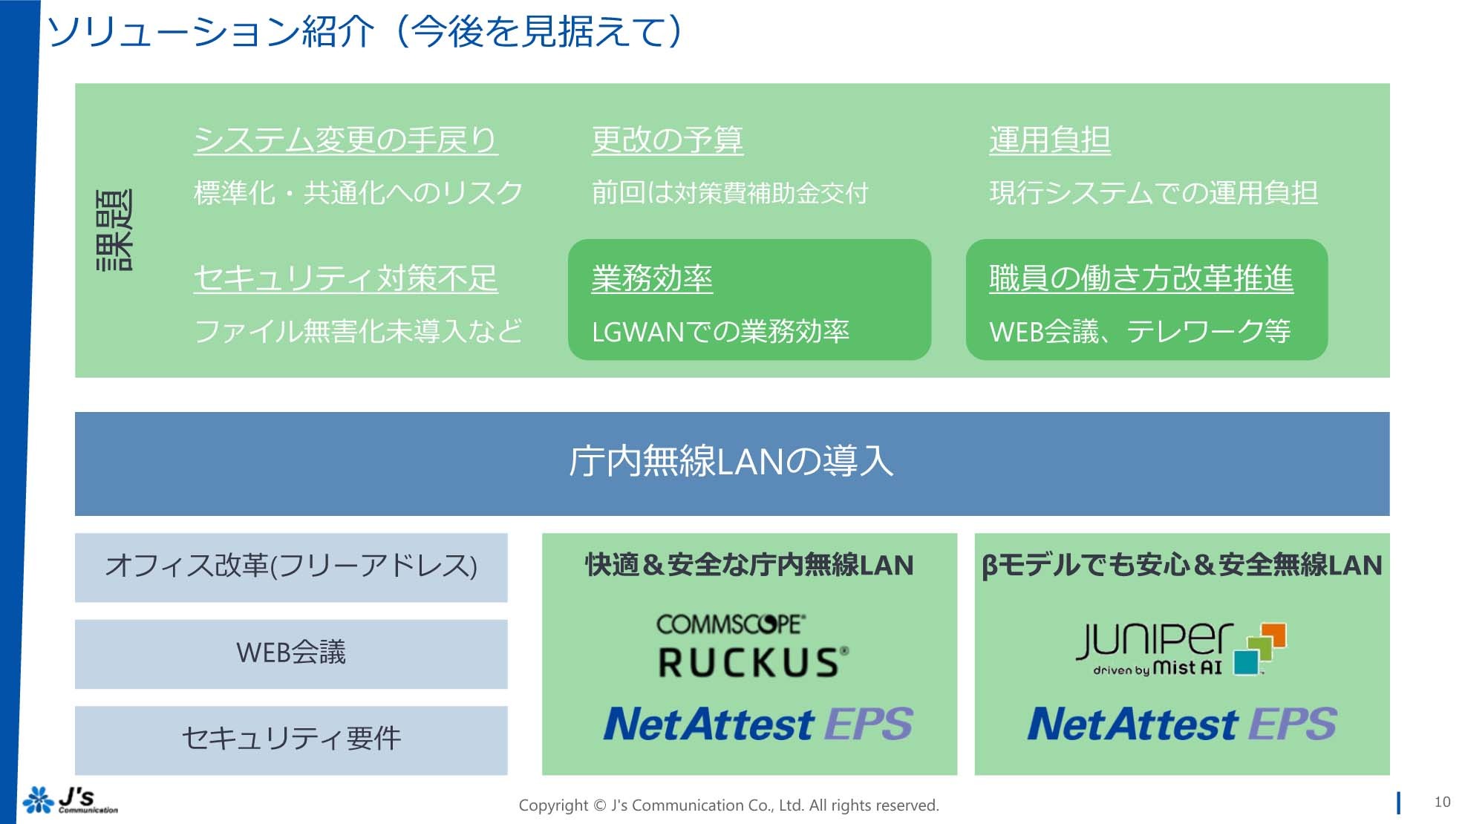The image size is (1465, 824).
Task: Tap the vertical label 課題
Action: tap(114, 230)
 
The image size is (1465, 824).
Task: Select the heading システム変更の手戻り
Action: tap(345, 140)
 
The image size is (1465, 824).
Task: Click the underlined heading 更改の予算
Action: tap(667, 140)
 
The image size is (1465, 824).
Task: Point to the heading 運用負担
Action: tap(1049, 140)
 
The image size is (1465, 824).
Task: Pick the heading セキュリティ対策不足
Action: tap(345, 278)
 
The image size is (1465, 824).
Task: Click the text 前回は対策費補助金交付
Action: tap(729, 193)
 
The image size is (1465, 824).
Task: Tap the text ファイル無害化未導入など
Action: tap(358, 331)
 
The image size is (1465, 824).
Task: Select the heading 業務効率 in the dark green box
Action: tap(651, 278)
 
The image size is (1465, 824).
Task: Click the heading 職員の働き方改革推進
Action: tap(1141, 278)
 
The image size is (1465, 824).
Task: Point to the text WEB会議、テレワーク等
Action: tap(1140, 331)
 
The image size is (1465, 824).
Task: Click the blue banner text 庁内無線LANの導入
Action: tap(731, 462)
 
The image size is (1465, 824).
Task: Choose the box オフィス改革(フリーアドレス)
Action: tap(291, 566)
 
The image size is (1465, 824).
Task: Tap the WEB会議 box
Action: tap(291, 653)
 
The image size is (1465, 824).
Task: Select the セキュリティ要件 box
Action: tap(291, 739)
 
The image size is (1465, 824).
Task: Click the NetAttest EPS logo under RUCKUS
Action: tap(757, 724)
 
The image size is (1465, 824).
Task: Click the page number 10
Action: tap(1441, 802)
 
